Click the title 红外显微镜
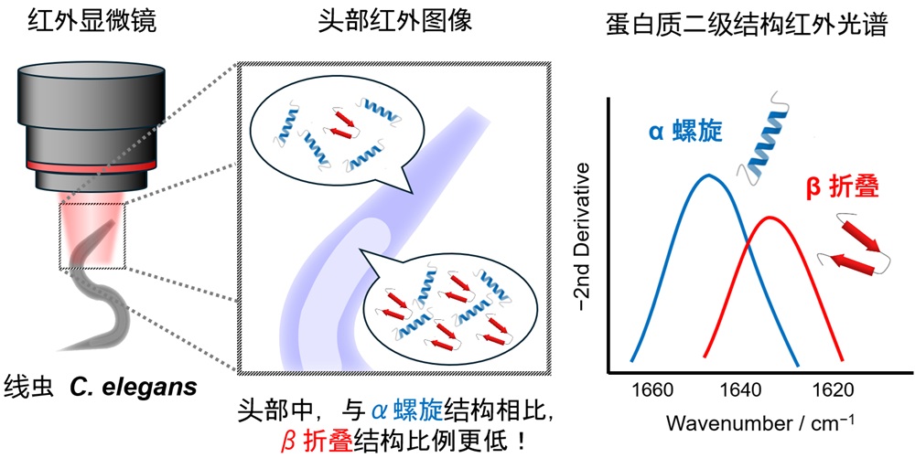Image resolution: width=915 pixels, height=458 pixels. [91, 24]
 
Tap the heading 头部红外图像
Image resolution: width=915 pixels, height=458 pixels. [395, 22]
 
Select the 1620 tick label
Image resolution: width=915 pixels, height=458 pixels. [829, 389]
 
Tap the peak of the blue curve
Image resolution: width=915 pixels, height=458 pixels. [708, 175]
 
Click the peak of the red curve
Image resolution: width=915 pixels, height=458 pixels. [770, 218]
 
